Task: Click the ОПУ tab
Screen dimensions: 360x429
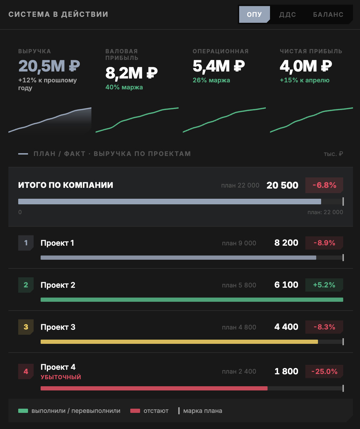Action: click(254, 14)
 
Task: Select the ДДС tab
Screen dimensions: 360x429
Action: click(288, 14)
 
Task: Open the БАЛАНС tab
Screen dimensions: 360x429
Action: click(328, 14)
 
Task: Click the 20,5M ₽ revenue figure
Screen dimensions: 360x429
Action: click(49, 66)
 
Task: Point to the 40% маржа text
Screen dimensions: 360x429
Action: click(124, 87)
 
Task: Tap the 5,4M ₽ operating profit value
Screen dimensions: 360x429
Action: click(219, 66)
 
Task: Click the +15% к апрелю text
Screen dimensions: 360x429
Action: click(305, 80)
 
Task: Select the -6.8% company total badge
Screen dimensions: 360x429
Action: click(324, 185)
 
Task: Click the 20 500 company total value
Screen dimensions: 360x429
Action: click(282, 185)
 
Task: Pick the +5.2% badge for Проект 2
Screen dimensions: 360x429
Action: click(324, 285)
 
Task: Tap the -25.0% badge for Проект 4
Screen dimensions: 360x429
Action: click(324, 371)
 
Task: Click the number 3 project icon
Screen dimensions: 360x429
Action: click(26, 327)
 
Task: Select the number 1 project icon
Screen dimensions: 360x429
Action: click(26, 243)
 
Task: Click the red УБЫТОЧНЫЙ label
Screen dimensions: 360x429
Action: click(61, 377)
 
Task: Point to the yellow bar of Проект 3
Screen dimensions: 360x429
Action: click(179, 342)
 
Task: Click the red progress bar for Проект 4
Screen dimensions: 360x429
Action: click(154, 388)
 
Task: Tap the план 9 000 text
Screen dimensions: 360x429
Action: click(239, 243)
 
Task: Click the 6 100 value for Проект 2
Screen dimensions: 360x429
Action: click(286, 285)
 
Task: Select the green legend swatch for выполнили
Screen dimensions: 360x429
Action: click(23, 411)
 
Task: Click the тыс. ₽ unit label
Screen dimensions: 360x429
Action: click(333, 154)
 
